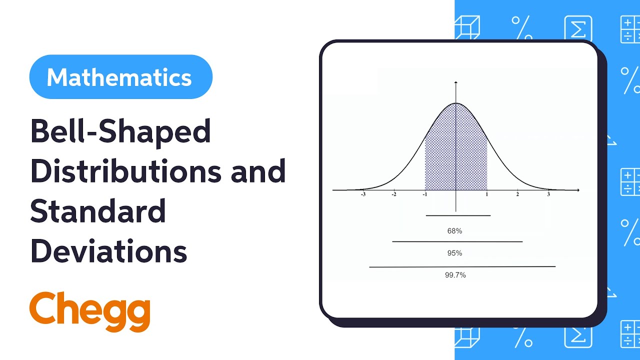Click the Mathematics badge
pyautogui.click(x=120, y=77)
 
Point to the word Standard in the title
pyautogui.click(x=98, y=210)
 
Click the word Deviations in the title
pyautogui.click(x=108, y=250)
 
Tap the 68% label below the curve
pyautogui.click(x=454, y=231)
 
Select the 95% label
pyautogui.click(x=454, y=253)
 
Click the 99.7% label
pyautogui.click(x=455, y=275)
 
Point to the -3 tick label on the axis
pyautogui.click(x=363, y=194)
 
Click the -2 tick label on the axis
pyautogui.click(x=394, y=194)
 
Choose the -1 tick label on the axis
pyautogui.click(x=424, y=194)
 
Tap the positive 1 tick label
pyautogui.click(x=486, y=194)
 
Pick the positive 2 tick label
pyautogui.click(x=517, y=194)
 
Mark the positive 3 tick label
pyautogui.click(x=548, y=194)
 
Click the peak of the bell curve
pyautogui.click(x=456, y=103)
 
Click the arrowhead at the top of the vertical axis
pyautogui.click(x=456, y=81)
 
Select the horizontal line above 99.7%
pyautogui.click(x=462, y=267)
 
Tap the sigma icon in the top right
pyautogui.click(x=578, y=28)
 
